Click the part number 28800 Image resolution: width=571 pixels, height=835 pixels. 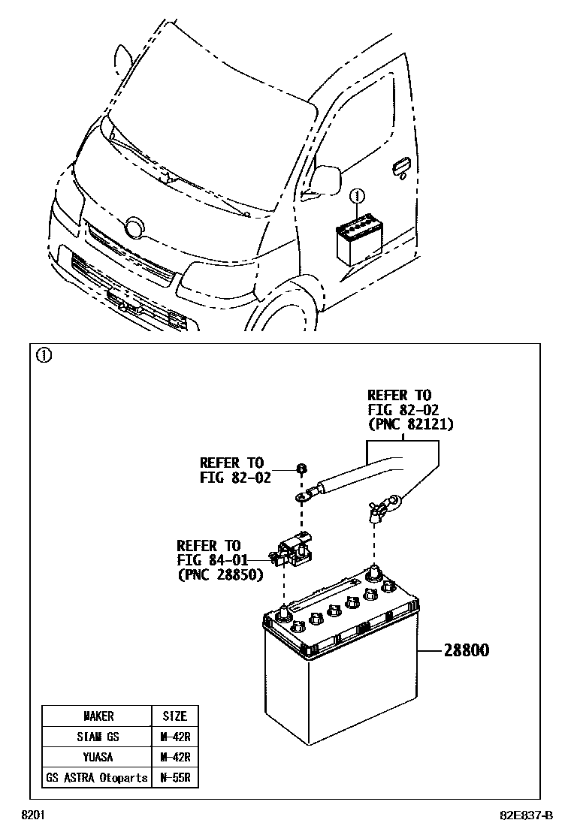[x=466, y=650]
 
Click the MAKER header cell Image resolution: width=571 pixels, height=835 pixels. [x=95, y=716]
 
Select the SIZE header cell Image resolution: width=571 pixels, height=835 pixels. [x=174, y=716]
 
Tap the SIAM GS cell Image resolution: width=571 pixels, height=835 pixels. [x=95, y=737]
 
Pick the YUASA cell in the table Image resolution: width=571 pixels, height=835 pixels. [x=95, y=757]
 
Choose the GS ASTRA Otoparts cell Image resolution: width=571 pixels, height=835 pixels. [x=95, y=777]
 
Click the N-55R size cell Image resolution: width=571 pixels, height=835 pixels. [x=174, y=777]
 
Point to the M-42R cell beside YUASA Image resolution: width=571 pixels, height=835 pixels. [x=174, y=757]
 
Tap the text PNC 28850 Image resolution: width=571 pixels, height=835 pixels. [x=220, y=575]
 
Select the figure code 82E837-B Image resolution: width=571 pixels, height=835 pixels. [x=523, y=815]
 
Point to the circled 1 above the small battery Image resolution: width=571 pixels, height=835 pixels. [x=358, y=197]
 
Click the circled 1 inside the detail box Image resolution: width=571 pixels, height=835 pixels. [x=44, y=356]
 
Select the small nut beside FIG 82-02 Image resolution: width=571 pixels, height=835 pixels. [x=301, y=469]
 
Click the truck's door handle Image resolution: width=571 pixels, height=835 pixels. [x=400, y=166]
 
